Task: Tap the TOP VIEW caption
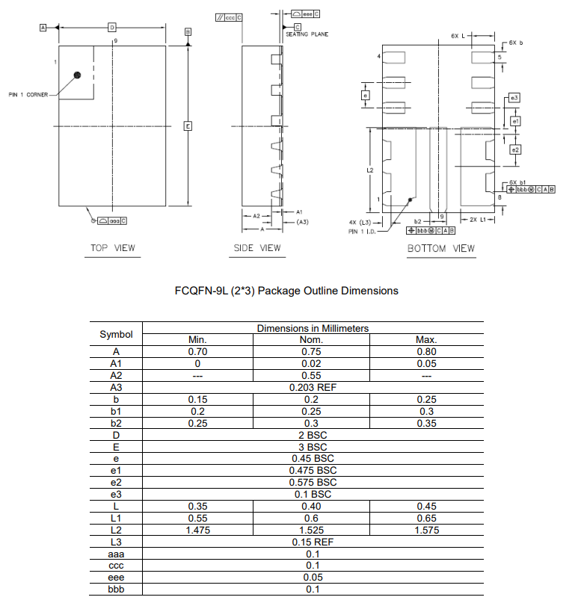(113, 248)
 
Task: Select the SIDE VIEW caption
(257, 248)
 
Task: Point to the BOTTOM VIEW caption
(440, 248)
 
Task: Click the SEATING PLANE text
(307, 34)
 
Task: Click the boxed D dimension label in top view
(111, 27)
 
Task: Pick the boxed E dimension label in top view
(188, 126)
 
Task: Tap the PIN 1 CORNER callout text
(28, 95)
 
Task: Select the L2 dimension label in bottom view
(369, 171)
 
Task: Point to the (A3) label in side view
(302, 222)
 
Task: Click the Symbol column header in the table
(116, 334)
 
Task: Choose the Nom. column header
(312, 340)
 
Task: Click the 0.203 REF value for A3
(313, 388)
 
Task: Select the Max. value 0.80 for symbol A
(426, 351)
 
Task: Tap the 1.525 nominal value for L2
(312, 530)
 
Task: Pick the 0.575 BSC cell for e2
(313, 483)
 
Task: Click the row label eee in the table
(115, 578)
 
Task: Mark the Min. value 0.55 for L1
(197, 518)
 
